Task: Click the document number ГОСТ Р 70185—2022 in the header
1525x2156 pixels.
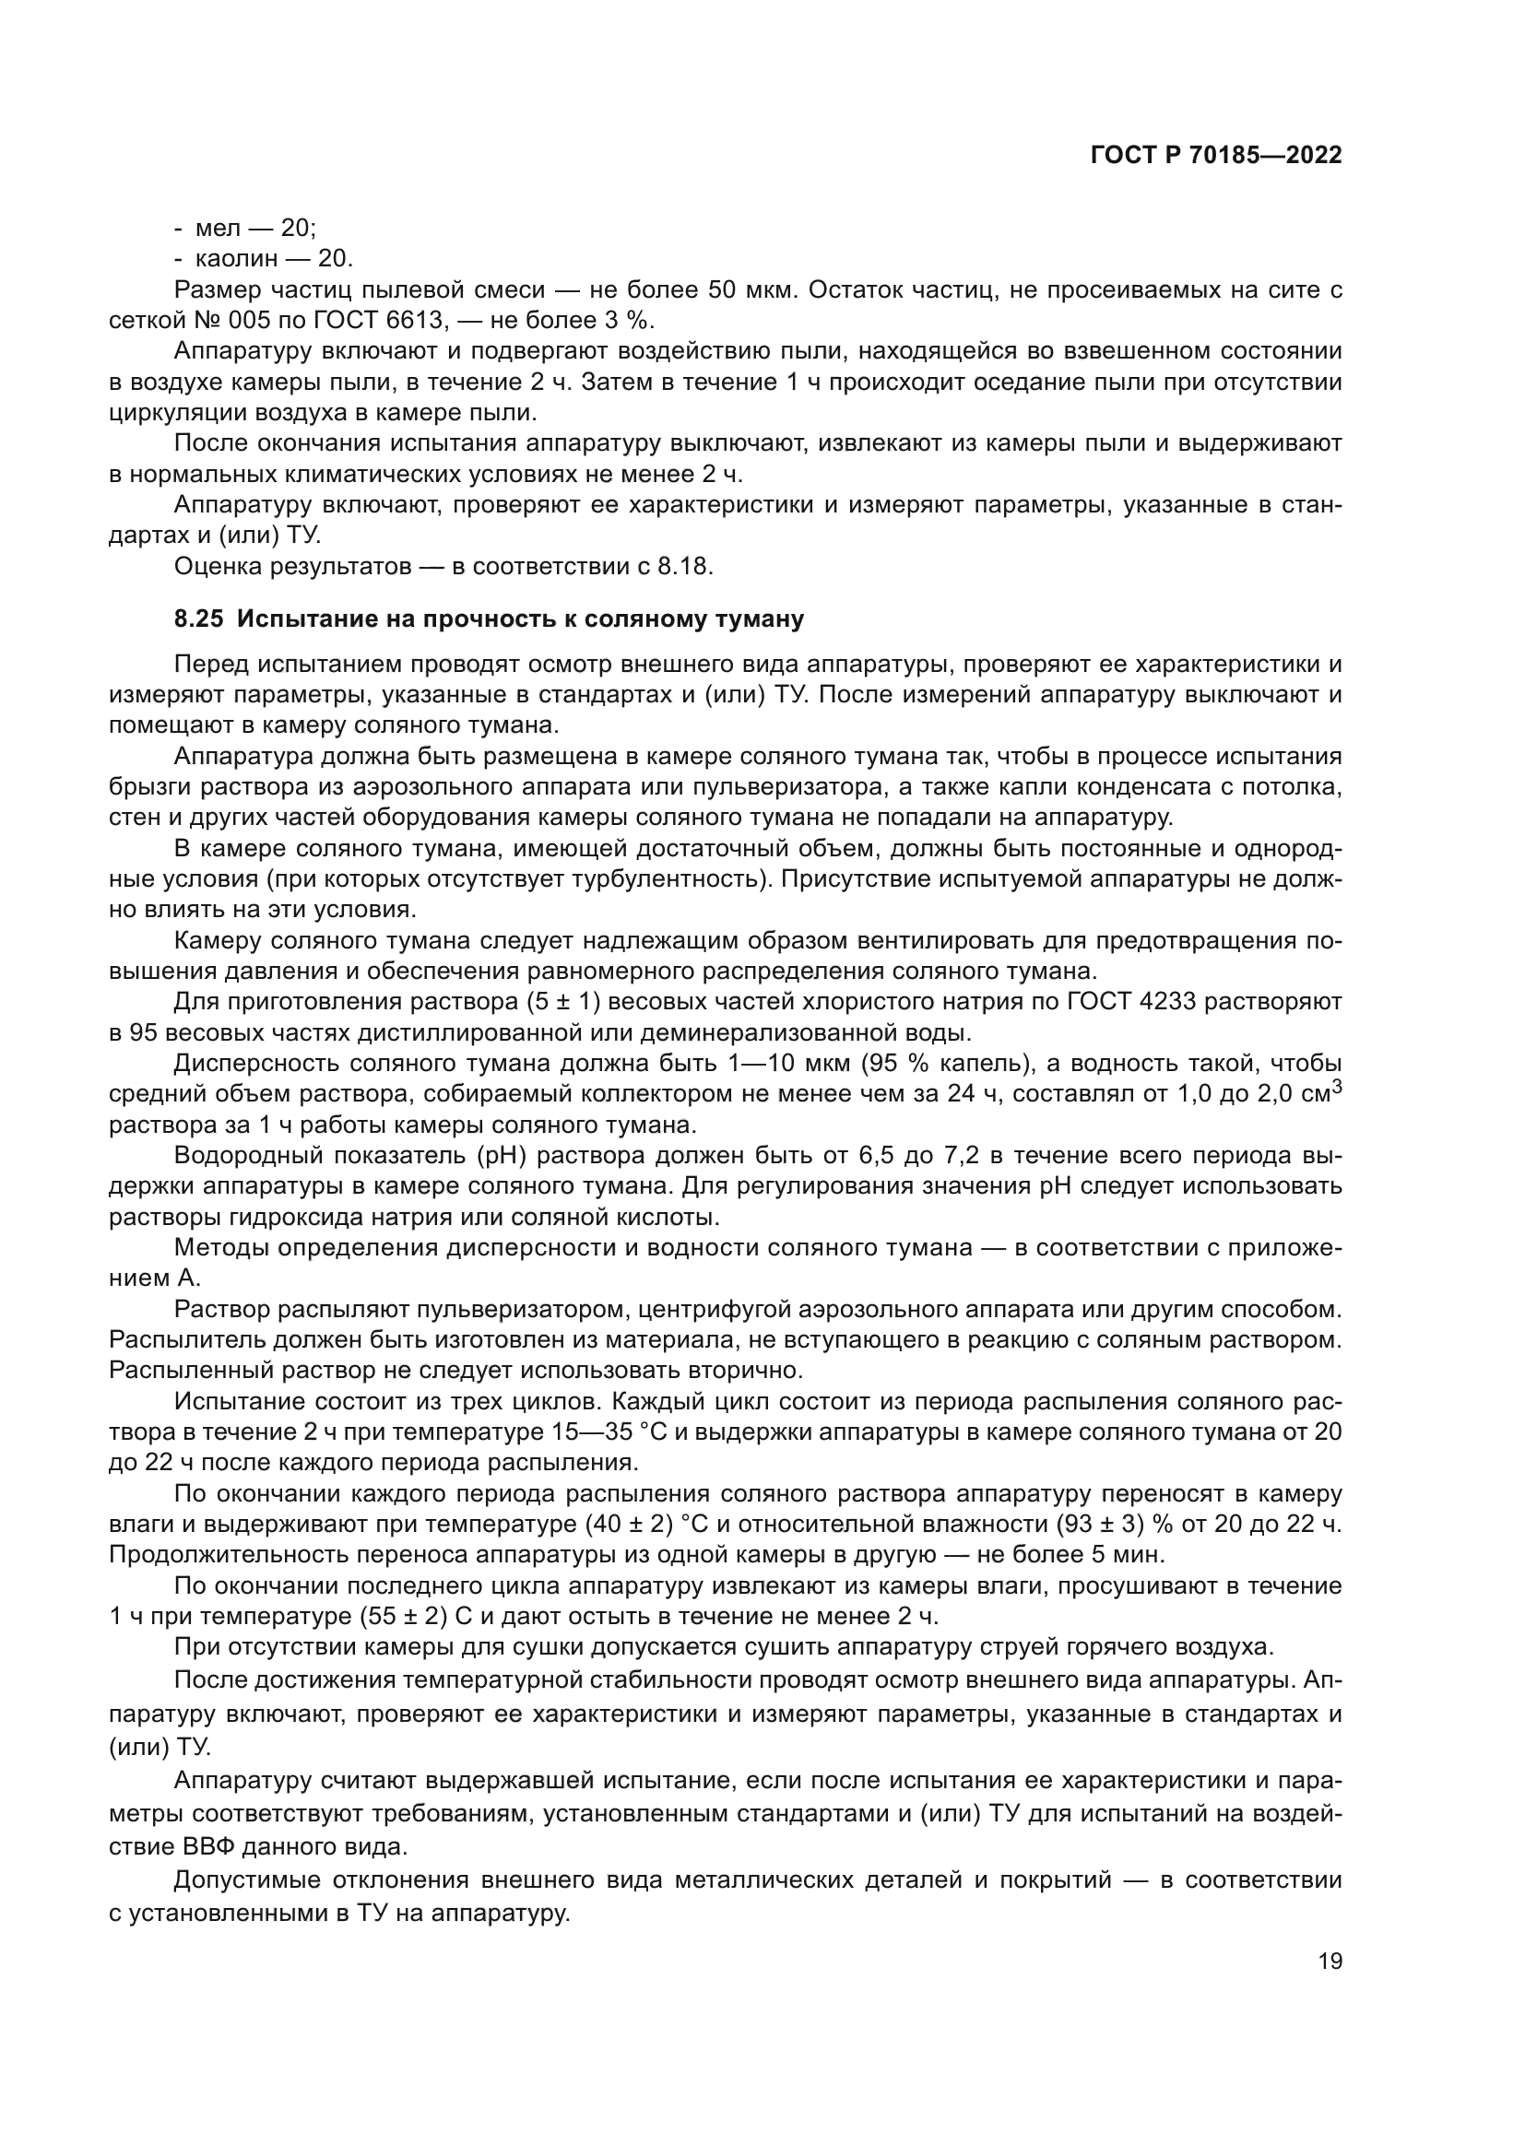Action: [x=1215, y=156]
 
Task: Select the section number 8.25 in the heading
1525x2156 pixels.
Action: [x=198, y=619]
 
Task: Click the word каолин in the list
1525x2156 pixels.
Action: [x=238, y=258]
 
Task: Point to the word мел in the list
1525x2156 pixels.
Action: [x=218, y=229]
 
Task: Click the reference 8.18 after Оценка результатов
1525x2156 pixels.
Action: [x=689, y=566]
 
